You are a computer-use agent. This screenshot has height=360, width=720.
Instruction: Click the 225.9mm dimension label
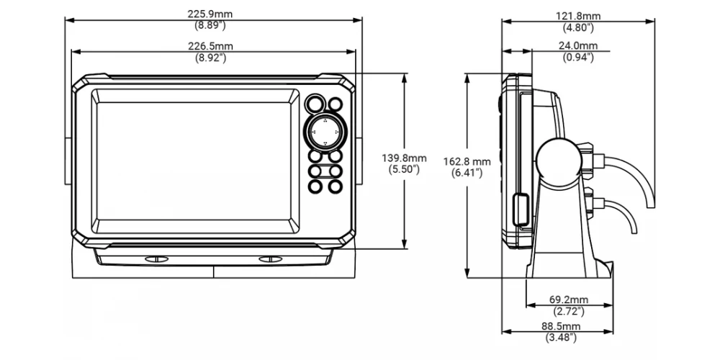point(210,14)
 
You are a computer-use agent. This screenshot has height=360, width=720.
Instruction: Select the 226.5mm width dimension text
point(210,46)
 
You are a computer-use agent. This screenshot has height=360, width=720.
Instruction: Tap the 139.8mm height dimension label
point(404,158)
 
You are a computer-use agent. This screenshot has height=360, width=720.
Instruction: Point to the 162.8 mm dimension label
point(467,161)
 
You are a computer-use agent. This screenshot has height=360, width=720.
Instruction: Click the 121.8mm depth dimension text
point(578,17)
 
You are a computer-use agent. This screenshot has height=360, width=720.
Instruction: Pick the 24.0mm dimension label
point(578,46)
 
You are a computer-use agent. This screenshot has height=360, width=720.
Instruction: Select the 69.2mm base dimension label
point(569,300)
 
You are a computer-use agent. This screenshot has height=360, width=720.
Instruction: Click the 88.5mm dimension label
point(561,326)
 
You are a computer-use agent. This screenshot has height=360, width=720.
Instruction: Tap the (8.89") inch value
point(210,25)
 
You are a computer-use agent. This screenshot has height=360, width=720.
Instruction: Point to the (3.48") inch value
point(561,338)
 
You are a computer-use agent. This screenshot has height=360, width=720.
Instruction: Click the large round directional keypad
point(325,132)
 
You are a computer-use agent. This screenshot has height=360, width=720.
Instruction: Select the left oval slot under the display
point(156,259)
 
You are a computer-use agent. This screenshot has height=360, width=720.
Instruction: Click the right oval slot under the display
point(271,259)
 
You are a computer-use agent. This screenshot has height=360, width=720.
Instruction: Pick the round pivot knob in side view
point(557,159)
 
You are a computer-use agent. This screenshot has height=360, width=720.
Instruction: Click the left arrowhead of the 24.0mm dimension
point(506,51)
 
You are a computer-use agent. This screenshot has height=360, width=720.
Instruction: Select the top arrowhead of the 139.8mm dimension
point(405,78)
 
